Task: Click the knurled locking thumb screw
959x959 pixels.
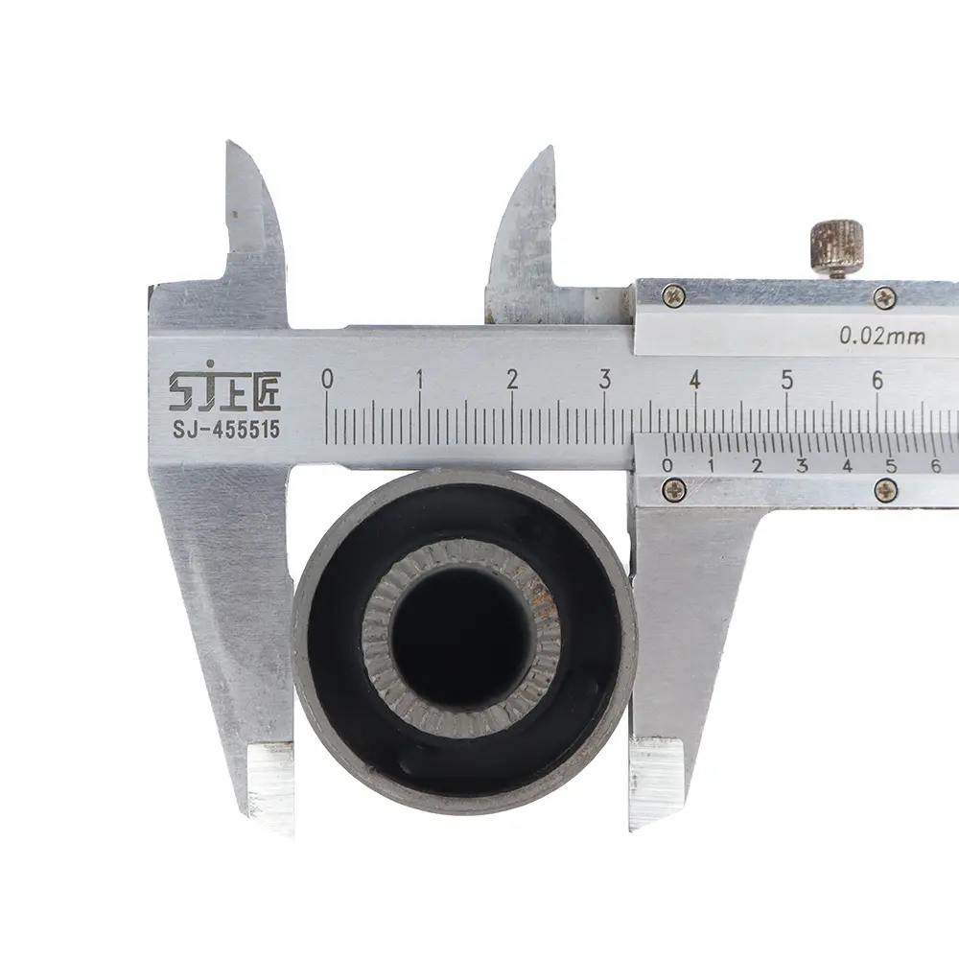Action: click(837, 247)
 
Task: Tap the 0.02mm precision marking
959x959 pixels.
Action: click(882, 336)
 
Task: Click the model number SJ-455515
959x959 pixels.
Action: click(225, 430)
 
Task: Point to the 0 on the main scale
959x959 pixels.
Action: click(327, 379)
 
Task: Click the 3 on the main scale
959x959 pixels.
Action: click(604, 379)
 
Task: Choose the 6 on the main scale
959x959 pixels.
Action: click(877, 380)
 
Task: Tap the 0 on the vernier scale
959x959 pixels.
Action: click(667, 465)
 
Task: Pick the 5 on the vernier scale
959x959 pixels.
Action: click(891, 466)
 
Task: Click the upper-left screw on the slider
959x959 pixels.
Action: click(673, 296)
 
